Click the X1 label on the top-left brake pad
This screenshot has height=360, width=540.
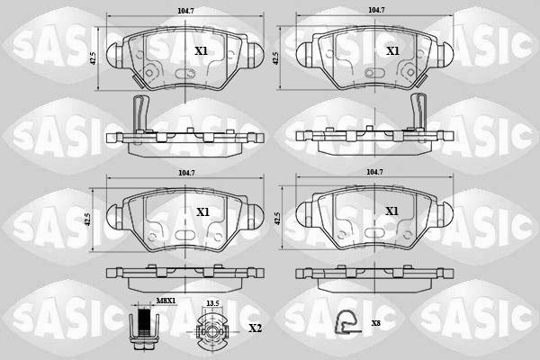201,52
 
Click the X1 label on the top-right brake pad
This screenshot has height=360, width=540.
392,52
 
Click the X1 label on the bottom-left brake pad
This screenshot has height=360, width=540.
202,211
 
